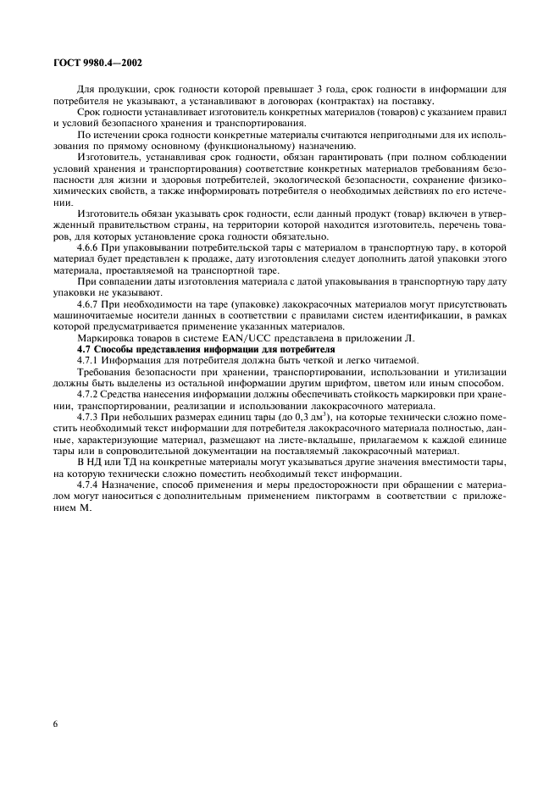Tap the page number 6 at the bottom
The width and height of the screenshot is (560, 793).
pyautogui.click(x=55, y=725)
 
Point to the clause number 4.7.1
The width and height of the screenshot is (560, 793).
pyautogui.click(x=89, y=360)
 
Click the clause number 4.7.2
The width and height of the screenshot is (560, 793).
pyautogui.click(x=89, y=395)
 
